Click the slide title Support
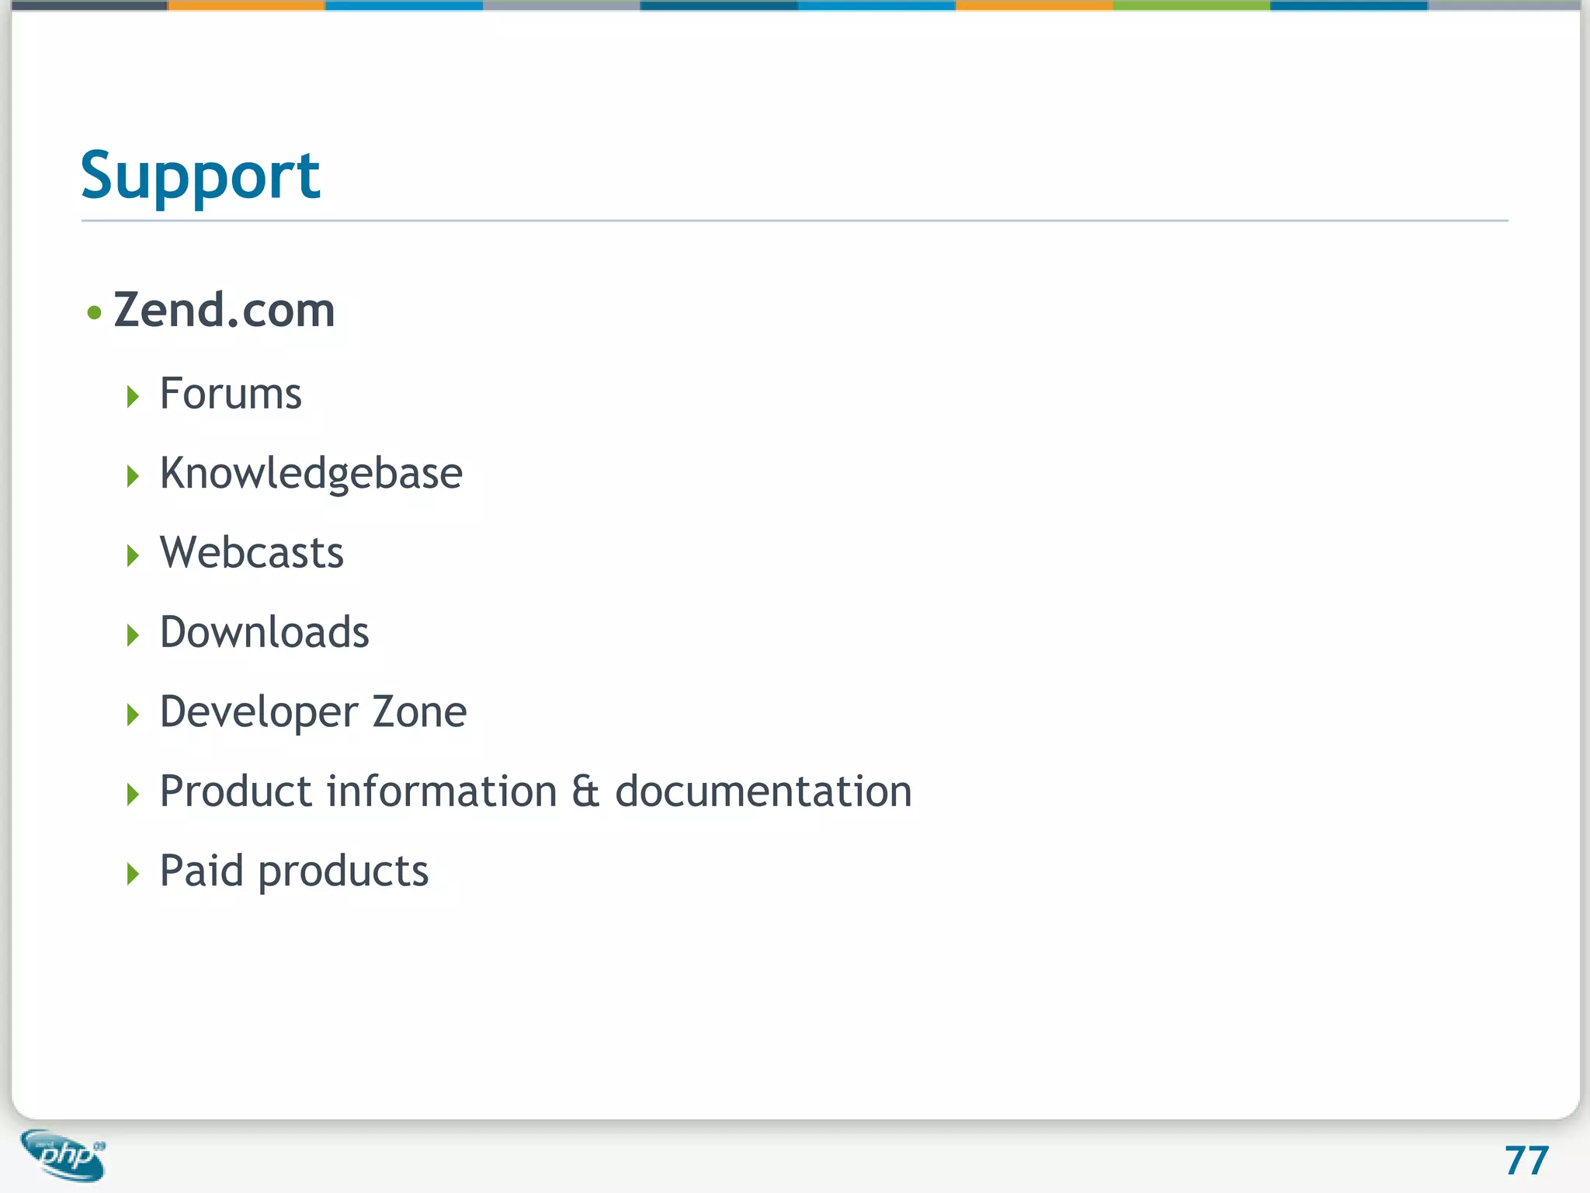pos(200,176)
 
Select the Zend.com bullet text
pos(224,310)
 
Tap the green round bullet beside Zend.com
pos(95,313)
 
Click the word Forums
pos(231,393)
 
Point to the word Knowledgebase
pos(311,473)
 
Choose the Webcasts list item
pos(252,552)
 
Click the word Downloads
pos(264,632)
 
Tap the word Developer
pos(259,712)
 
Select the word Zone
pos(419,711)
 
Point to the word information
pos(441,791)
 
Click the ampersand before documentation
pos(585,791)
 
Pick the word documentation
pos(763,791)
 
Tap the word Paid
pos(201,871)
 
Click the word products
pos(343,872)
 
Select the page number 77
pos(1526,1161)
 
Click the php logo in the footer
pos(64,1155)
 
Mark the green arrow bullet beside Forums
pos(133,397)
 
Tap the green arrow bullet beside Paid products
pos(133,874)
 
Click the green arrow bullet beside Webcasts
pos(133,555)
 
